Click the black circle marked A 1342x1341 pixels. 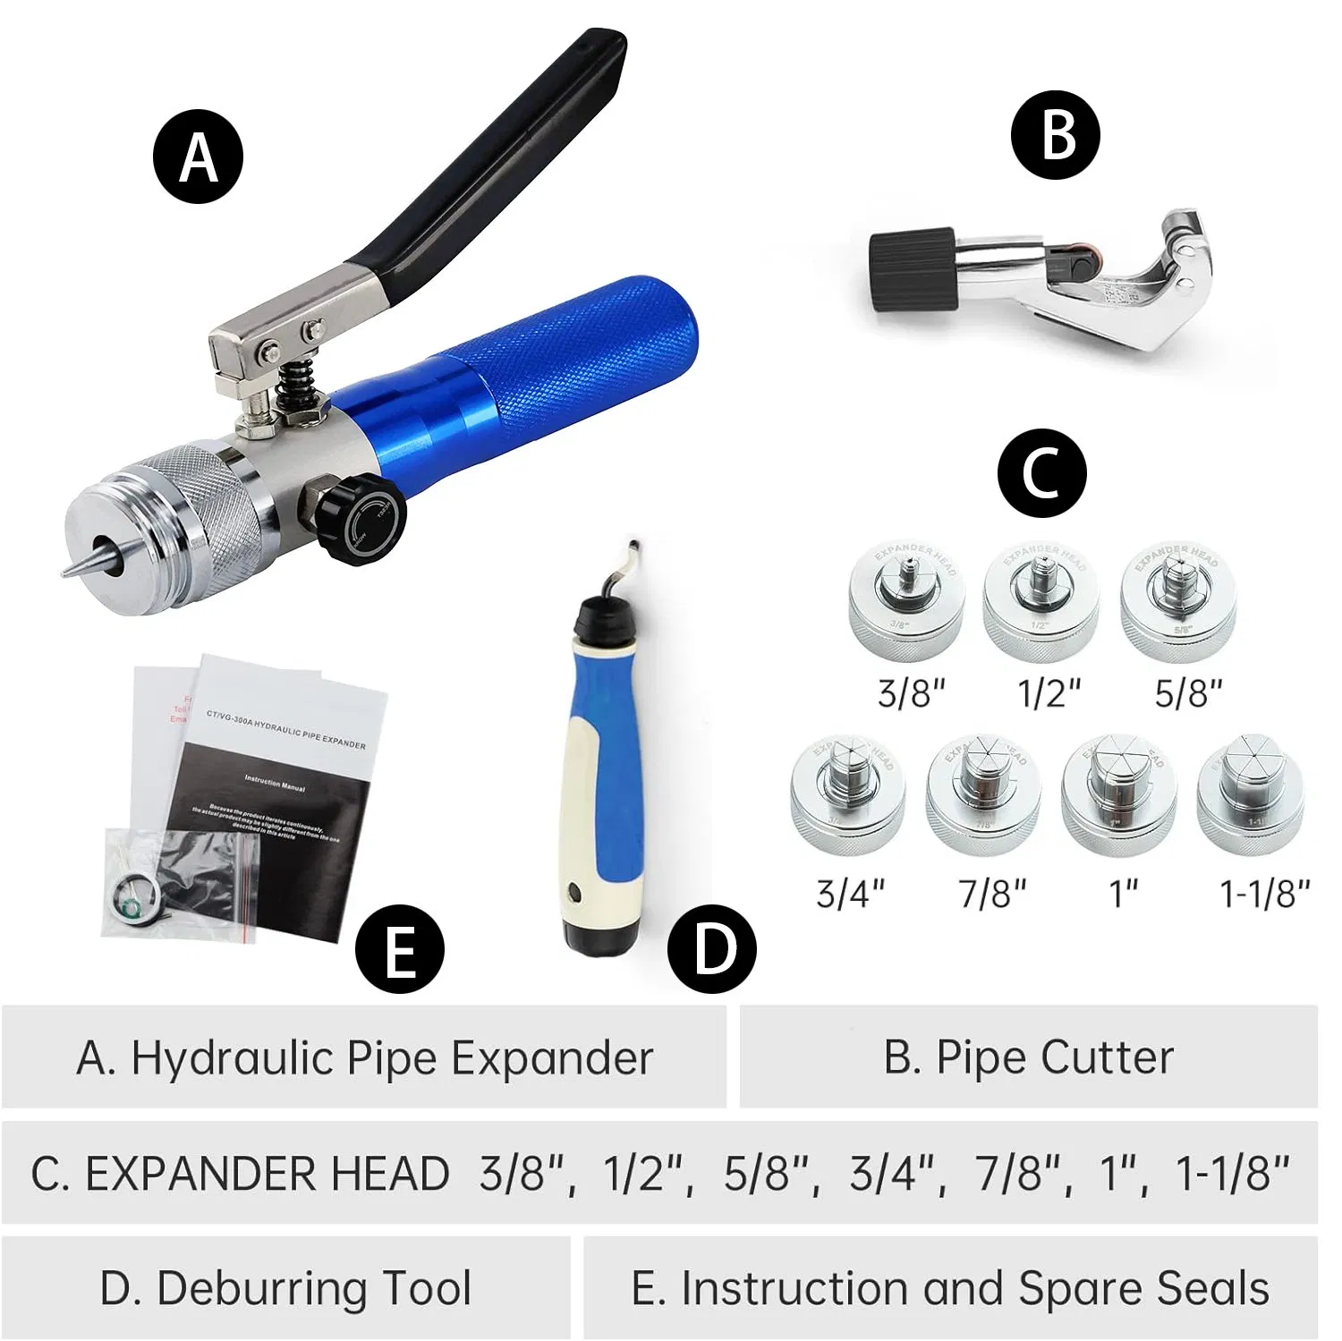coord(199,157)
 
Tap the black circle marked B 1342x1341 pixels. coord(1057,135)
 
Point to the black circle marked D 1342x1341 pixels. coord(712,948)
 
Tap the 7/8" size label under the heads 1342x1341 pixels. coord(992,892)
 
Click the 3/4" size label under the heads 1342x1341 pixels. coord(850,892)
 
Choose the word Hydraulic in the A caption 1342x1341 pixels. coord(233,1057)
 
